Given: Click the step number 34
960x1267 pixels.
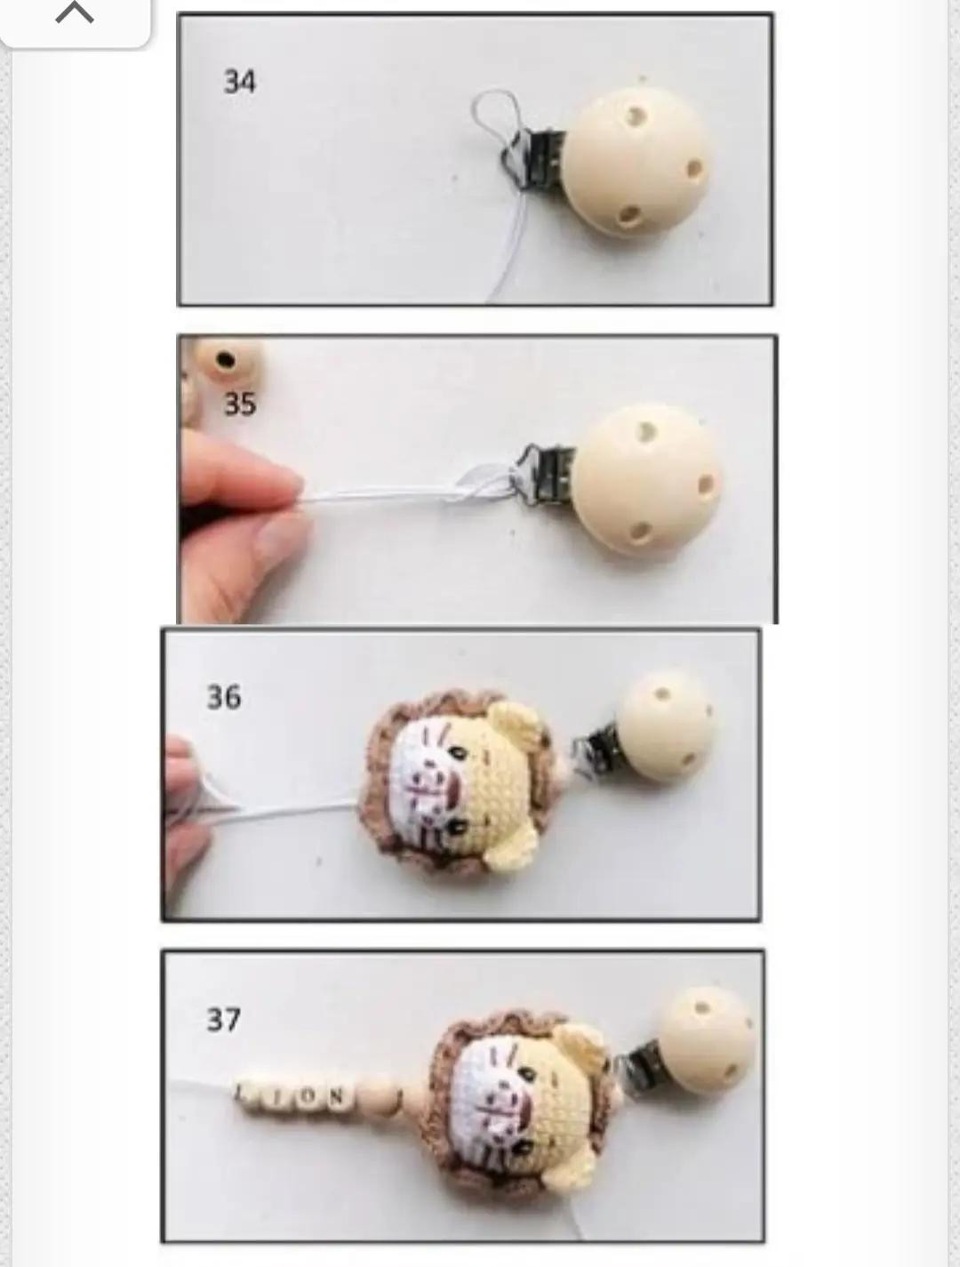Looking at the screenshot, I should (239, 82).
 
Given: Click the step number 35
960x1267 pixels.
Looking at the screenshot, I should (239, 404).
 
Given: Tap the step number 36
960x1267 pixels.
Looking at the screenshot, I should (223, 696).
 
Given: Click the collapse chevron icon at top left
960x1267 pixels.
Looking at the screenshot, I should (75, 14).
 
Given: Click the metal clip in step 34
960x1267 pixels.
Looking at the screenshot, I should (533, 156).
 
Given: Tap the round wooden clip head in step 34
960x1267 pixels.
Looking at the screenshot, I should (636, 160).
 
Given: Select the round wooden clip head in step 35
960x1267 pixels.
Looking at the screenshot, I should (649, 480).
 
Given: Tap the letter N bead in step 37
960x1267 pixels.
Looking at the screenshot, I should (336, 1096).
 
